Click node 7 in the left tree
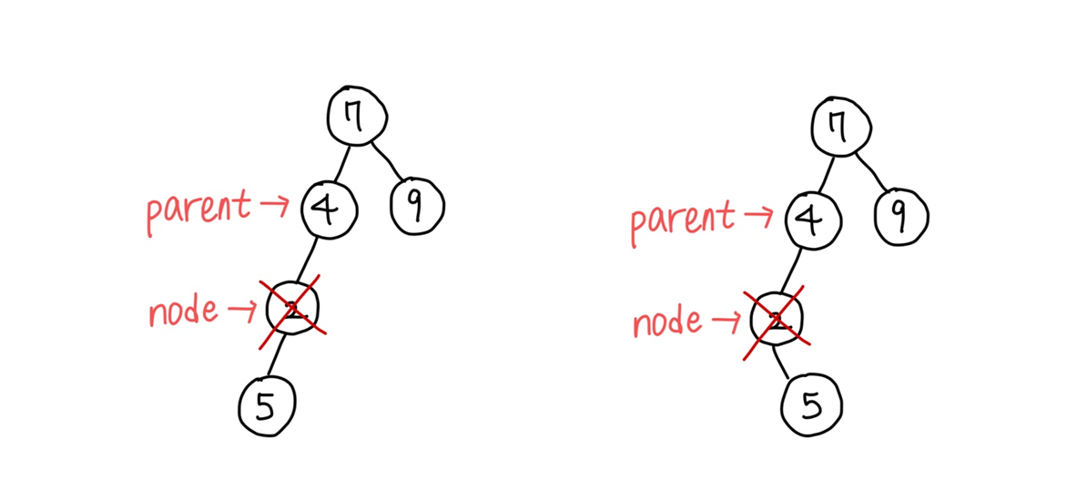[x=358, y=117]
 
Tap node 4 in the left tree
[x=329, y=210]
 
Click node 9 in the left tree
[x=417, y=206]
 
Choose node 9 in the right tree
[x=900, y=216]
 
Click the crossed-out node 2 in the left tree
[x=293, y=310]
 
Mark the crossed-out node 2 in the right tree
[x=777, y=319]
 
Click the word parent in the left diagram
[x=197, y=210]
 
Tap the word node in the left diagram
[x=183, y=312]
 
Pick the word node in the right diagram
[x=667, y=322]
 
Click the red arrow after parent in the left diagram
[x=272, y=207]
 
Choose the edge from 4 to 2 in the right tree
[x=794, y=268]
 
